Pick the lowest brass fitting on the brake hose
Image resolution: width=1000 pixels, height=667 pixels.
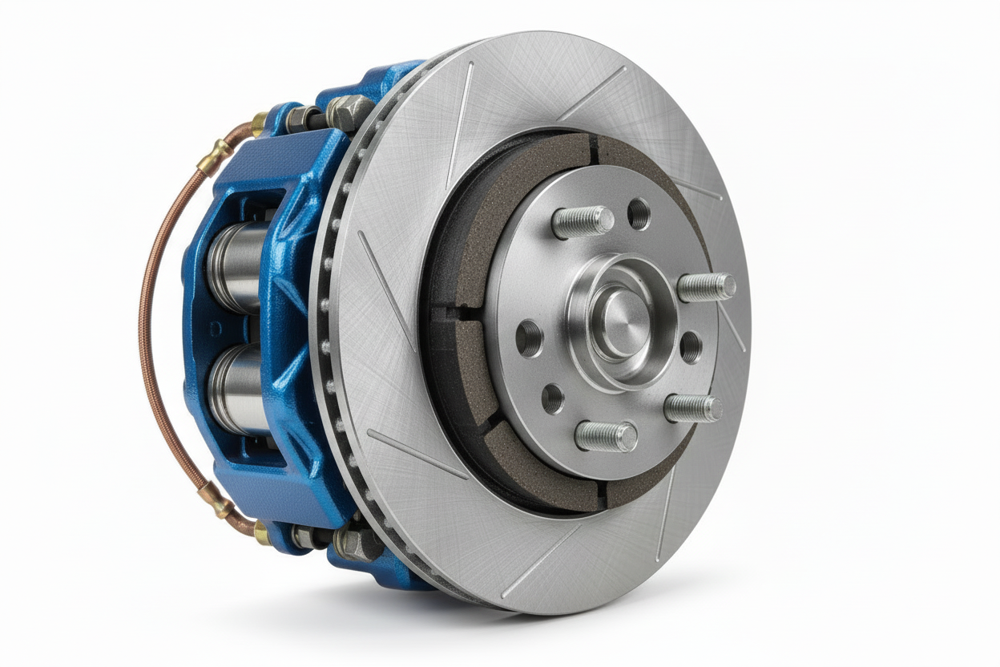coord(261,532)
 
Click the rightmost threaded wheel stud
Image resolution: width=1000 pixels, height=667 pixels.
coord(708,286)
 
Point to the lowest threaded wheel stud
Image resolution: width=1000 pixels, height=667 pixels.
coord(607,437)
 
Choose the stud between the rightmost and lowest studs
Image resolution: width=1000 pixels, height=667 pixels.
coord(693,407)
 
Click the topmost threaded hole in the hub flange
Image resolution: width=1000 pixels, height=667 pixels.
coord(639,213)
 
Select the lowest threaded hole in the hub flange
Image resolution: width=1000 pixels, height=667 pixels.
coord(552,398)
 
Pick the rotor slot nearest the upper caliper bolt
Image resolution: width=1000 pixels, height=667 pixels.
coord(462,120)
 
